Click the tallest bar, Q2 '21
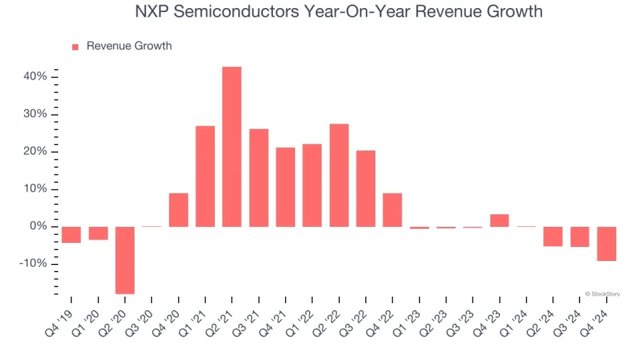pyautogui.click(x=232, y=147)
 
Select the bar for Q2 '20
pyautogui.click(x=125, y=260)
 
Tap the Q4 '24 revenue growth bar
pyautogui.click(x=606, y=244)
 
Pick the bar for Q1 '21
pyautogui.click(x=205, y=176)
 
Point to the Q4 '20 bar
pyautogui.click(x=179, y=209)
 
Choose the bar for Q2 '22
pyautogui.click(x=339, y=175)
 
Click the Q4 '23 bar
pyautogui.click(x=499, y=220)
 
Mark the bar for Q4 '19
pyautogui.click(x=72, y=234)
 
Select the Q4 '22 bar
pyautogui.click(x=392, y=209)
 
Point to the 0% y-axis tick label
pyautogui.click(x=37, y=226)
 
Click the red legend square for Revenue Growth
pyautogui.click(x=75, y=46)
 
